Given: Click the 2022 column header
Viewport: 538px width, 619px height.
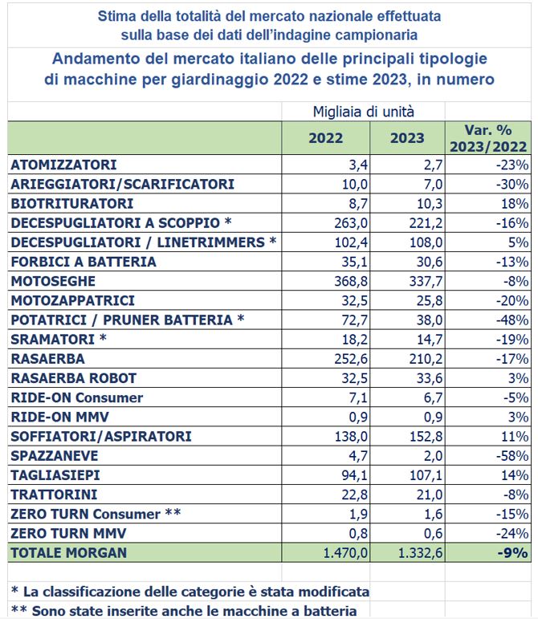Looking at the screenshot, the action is coord(326,138).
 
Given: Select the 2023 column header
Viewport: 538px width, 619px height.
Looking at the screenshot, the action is coord(407,138).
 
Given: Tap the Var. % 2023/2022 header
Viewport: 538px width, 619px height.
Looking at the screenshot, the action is coord(488,138).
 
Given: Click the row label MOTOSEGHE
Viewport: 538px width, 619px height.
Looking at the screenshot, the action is coord(53,281).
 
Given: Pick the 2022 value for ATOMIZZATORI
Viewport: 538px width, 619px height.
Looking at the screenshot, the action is coord(358,165).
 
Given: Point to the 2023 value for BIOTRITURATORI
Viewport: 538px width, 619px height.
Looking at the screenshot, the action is coord(430,204).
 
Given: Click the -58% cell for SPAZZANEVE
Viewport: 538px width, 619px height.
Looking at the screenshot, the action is coord(512,456).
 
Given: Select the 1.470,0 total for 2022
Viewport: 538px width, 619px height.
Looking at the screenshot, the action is coord(345,552).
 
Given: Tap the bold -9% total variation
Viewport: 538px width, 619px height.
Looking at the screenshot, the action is coord(513,552).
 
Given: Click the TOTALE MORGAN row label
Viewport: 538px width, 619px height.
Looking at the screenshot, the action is coord(69,552).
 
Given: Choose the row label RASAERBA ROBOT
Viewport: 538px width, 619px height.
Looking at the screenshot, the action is coord(74,378).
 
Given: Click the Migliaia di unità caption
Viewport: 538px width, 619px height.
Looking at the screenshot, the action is coord(364,112).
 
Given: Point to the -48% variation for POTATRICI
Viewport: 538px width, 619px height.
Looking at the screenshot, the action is coord(512,320).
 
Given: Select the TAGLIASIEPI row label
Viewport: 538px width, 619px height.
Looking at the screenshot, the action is coord(55,475).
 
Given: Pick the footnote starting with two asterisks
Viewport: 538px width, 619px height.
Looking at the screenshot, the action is coord(184,611).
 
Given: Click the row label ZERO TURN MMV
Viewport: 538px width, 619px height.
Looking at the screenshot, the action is coord(69,533).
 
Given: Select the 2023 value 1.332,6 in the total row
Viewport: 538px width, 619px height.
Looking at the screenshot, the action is coord(421,552).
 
